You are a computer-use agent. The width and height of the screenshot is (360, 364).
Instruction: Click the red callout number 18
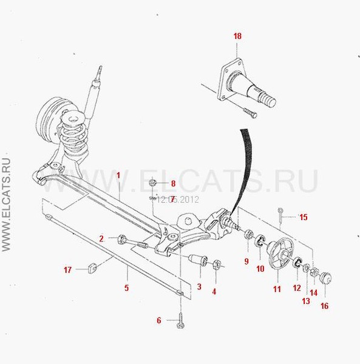pos(237,36)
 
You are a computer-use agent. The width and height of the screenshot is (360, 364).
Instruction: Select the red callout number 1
pos(118,175)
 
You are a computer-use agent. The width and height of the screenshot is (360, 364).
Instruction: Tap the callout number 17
pos(67,270)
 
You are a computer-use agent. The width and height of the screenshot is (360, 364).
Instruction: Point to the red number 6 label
pos(159,320)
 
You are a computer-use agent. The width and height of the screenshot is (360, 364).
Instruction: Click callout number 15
pos(304,217)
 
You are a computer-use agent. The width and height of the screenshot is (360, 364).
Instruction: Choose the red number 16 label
pos(324,306)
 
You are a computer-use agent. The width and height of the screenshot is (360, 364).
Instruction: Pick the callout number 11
pos(277,289)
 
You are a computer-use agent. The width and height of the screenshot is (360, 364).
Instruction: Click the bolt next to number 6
pos(180,320)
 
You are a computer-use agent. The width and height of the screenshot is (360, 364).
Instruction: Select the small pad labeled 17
pos(93,268)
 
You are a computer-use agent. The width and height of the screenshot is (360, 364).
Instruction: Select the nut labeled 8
pos(152,182)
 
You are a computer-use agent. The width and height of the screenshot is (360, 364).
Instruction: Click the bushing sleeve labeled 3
pos(198,260)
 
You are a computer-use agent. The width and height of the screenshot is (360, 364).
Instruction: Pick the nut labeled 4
pos(216,264)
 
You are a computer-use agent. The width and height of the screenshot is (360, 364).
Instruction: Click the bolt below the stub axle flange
pos(250,113)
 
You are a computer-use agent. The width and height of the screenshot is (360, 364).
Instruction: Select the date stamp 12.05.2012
pos(178,200)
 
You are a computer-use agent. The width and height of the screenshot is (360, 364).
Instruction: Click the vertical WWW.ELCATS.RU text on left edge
pos(6,205)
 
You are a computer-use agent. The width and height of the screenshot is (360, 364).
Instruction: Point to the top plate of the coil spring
pos(73,118)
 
